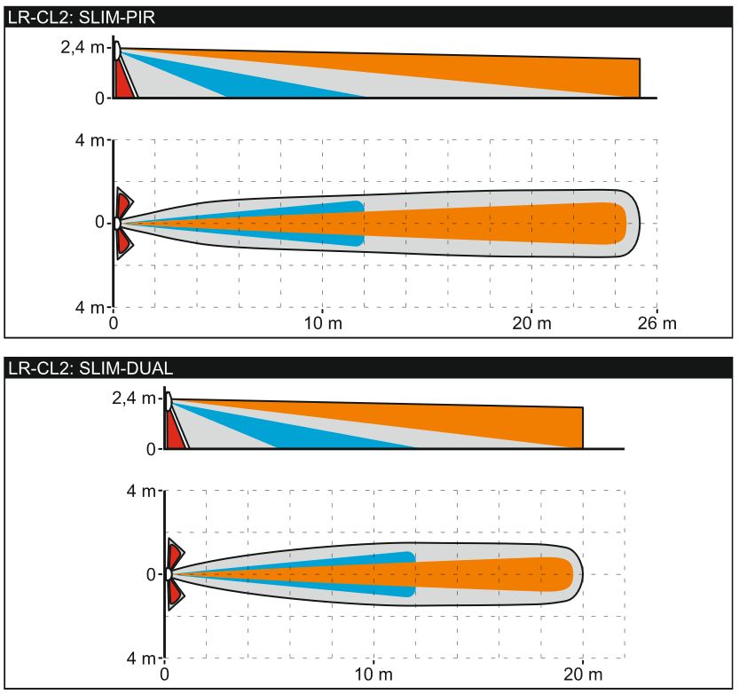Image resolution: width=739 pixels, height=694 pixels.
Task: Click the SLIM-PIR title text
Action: coord(82,17)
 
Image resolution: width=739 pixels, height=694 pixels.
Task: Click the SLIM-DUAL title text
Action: coord(90,367)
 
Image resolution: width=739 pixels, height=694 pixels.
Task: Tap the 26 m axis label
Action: coord(657,323)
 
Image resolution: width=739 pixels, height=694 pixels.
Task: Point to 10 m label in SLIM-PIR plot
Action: coord(323,323)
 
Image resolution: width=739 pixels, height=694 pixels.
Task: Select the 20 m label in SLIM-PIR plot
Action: coord(531,323)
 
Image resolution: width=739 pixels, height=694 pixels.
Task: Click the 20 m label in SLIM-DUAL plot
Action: coord(583,674)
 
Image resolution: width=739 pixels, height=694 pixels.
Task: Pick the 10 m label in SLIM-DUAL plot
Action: coord(373,674)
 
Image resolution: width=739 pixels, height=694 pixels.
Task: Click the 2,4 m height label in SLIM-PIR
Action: coord(82,47)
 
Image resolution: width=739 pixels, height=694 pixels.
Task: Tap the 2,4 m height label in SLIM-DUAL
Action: coord(133,398)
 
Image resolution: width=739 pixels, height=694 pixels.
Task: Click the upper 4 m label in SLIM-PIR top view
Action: coord(90,140)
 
